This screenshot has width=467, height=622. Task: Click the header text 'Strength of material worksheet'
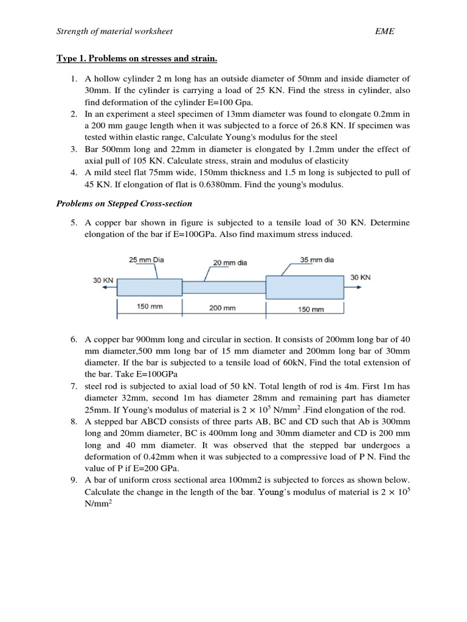point(115,31)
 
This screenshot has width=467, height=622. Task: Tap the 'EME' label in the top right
point(385,31)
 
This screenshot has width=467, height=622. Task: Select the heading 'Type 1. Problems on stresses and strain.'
point(137,59)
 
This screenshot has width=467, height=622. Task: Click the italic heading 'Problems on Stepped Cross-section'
point(124,203)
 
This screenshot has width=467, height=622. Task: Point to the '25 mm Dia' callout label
point(147,260)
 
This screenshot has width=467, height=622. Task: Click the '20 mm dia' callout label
point(230,263)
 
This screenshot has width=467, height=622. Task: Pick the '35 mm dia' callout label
point(317,260)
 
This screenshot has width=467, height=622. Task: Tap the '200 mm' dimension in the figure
point(223,308)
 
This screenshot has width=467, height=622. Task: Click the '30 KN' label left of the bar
point(103,281)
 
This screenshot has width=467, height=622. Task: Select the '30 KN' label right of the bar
point(360,278)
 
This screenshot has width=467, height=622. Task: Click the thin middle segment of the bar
point(224,287)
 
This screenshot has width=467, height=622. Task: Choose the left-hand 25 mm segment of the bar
point(150,287)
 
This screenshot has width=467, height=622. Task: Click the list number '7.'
point(74,386)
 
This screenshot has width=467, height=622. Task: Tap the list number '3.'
point(74,149)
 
